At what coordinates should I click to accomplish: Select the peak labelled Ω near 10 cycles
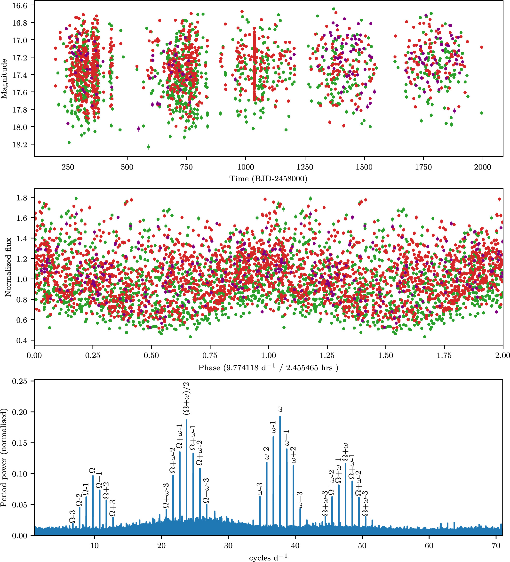93,477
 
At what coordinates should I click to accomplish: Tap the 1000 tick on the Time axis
246,167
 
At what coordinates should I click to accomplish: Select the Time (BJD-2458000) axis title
268,179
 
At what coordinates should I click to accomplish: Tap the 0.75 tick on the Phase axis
210,355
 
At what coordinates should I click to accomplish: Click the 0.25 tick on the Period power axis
19,381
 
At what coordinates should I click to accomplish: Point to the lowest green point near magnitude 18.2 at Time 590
148,147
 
